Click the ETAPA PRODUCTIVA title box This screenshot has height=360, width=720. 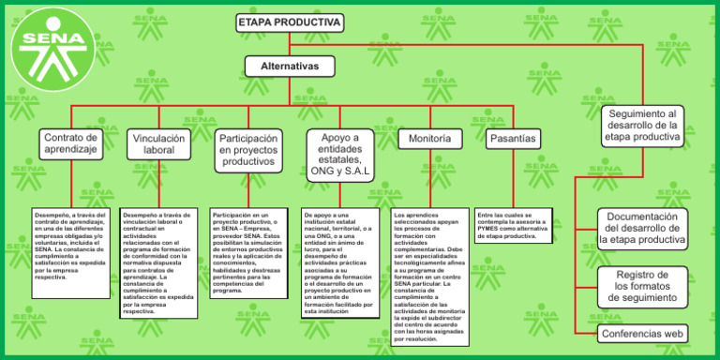pos(289,22)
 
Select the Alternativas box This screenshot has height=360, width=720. pos(289,67)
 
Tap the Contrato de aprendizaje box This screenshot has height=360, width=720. pos(72,143)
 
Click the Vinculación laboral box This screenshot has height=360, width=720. pos(158,143)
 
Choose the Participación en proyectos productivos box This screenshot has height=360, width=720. pos(248,150)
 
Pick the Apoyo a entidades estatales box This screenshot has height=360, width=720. pos(339,155)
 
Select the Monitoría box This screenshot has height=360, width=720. pos(430,139)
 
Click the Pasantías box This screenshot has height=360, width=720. pos(513,139)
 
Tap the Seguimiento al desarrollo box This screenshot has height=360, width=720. pos(642,125)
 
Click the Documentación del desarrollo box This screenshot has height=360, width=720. pos(642,228)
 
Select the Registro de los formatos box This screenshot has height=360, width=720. pos(642,285)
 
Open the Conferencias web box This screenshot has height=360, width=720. pos(642,333)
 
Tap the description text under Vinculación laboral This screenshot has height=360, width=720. pos(158,262)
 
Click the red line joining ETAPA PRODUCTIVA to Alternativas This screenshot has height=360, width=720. pos(289,44)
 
